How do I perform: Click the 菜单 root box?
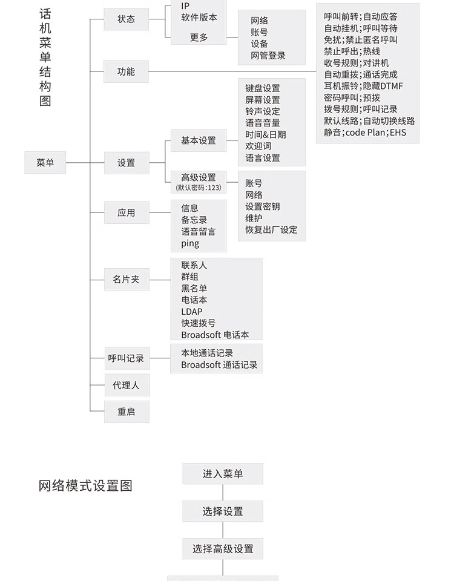[45, 162]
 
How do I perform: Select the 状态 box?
[126, 19]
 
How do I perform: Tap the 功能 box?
[126, 71]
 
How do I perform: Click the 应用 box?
[127, 212]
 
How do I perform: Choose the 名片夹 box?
[127, 280]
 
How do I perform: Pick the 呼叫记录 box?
[127, 358]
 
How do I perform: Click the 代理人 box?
[127, 386]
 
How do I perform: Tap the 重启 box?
[127, 412]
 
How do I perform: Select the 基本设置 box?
[199, 140]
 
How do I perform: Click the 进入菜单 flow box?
[223, 473]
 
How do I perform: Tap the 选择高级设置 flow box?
[223, 549]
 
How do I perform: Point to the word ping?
[190, 244]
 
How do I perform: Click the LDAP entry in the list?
[192, 312]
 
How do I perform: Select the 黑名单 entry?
[194, 288]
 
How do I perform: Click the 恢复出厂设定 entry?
[271, 230]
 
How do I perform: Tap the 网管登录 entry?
[268, 56]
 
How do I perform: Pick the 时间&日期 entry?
[265, 134]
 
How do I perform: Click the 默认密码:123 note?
[199, 188]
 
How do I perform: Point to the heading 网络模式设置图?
[85, 485]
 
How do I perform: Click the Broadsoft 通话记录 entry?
[219, 364]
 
